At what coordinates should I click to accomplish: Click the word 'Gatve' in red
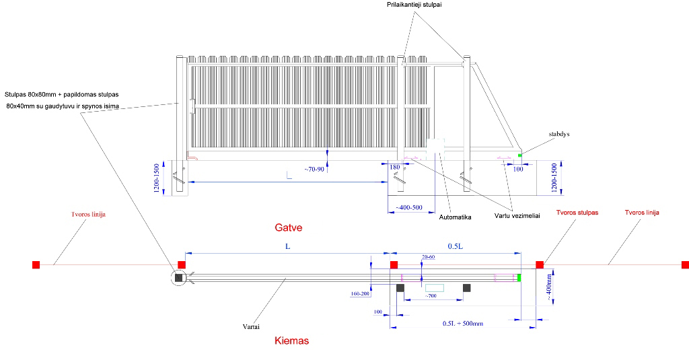288,228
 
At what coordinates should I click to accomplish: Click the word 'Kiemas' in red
292,341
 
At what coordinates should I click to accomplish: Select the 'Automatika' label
455,217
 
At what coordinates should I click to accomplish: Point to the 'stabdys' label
559,135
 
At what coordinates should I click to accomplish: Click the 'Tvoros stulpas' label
577,213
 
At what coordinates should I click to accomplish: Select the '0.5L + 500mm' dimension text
463,324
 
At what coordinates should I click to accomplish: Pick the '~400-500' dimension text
408,207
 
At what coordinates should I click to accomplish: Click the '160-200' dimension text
361,294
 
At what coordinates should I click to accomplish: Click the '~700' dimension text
431,295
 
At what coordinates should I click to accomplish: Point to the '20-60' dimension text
429,258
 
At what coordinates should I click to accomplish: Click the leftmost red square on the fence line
36,264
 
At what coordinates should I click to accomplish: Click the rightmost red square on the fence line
684,264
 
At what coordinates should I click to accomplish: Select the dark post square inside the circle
179,277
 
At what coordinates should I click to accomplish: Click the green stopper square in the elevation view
520,156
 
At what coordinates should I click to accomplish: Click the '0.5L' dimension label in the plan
456,246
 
